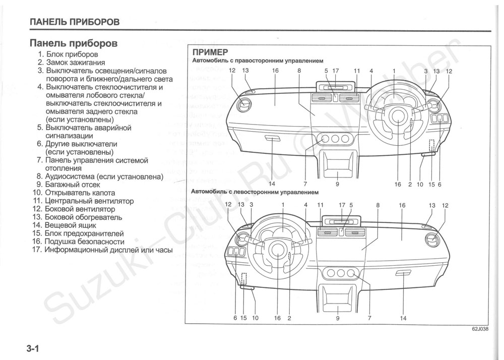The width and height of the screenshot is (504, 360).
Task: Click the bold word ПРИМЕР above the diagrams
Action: click(x=209, y=52)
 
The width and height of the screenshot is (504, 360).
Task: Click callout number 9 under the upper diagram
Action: click(x=337, y=185)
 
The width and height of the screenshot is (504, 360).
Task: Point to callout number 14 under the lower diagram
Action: click(x=403, y=318)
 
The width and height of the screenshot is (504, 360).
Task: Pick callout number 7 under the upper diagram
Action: click(x=305, y=185)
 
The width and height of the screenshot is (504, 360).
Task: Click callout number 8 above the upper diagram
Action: click(x=299, y=71)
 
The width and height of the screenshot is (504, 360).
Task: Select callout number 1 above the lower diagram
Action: click(x=283, y=205)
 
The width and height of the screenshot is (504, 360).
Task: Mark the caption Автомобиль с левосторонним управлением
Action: click(x=255, y=193)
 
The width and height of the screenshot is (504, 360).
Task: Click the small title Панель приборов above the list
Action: click(x=74, y=43)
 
